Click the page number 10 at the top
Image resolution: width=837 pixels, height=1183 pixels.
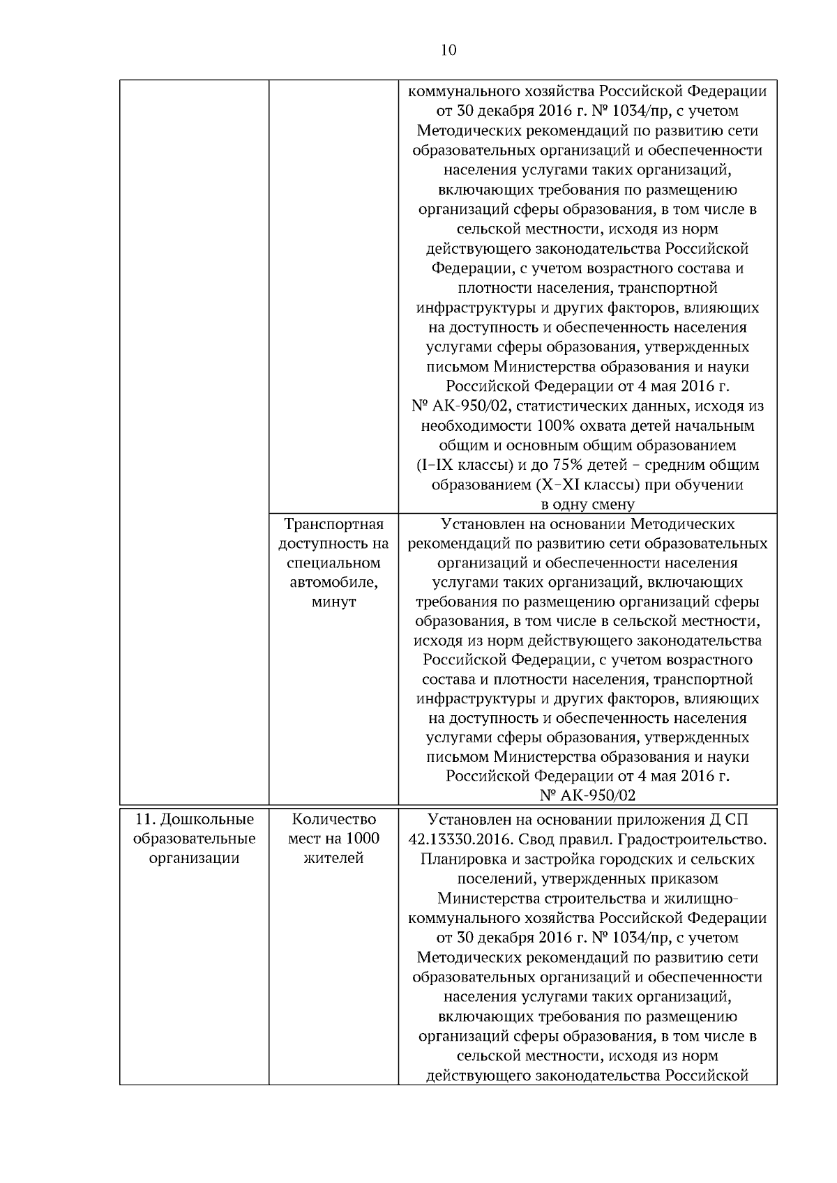tap(448, 50)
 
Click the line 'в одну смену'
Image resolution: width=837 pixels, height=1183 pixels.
tap(587, 504)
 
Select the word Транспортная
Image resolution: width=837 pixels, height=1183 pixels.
tap(334, 524)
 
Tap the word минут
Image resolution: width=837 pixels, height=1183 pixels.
tap(334, 602)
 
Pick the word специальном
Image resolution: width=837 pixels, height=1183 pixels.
tap(334, 563)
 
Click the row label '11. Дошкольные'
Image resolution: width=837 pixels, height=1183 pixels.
tap(194, 818)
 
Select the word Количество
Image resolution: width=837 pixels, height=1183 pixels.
tap(334, 818)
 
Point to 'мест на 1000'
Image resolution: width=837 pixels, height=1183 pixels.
tap(334, 838)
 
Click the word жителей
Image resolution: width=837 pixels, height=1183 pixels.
tap(334, 858)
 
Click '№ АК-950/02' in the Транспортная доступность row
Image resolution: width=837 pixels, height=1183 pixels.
tap(587, 795)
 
